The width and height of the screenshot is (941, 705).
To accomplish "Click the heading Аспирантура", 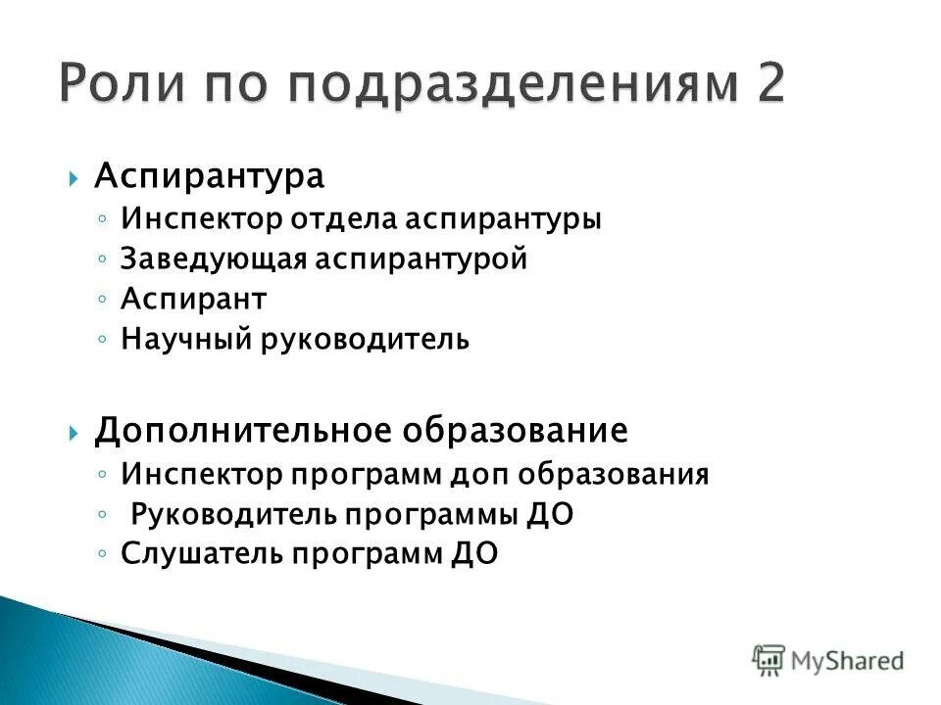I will (209, 177).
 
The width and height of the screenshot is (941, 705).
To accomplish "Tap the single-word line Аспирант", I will (193, 300).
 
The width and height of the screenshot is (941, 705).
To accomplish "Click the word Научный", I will (187, 340).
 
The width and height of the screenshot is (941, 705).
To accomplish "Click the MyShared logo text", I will (847, 661).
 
